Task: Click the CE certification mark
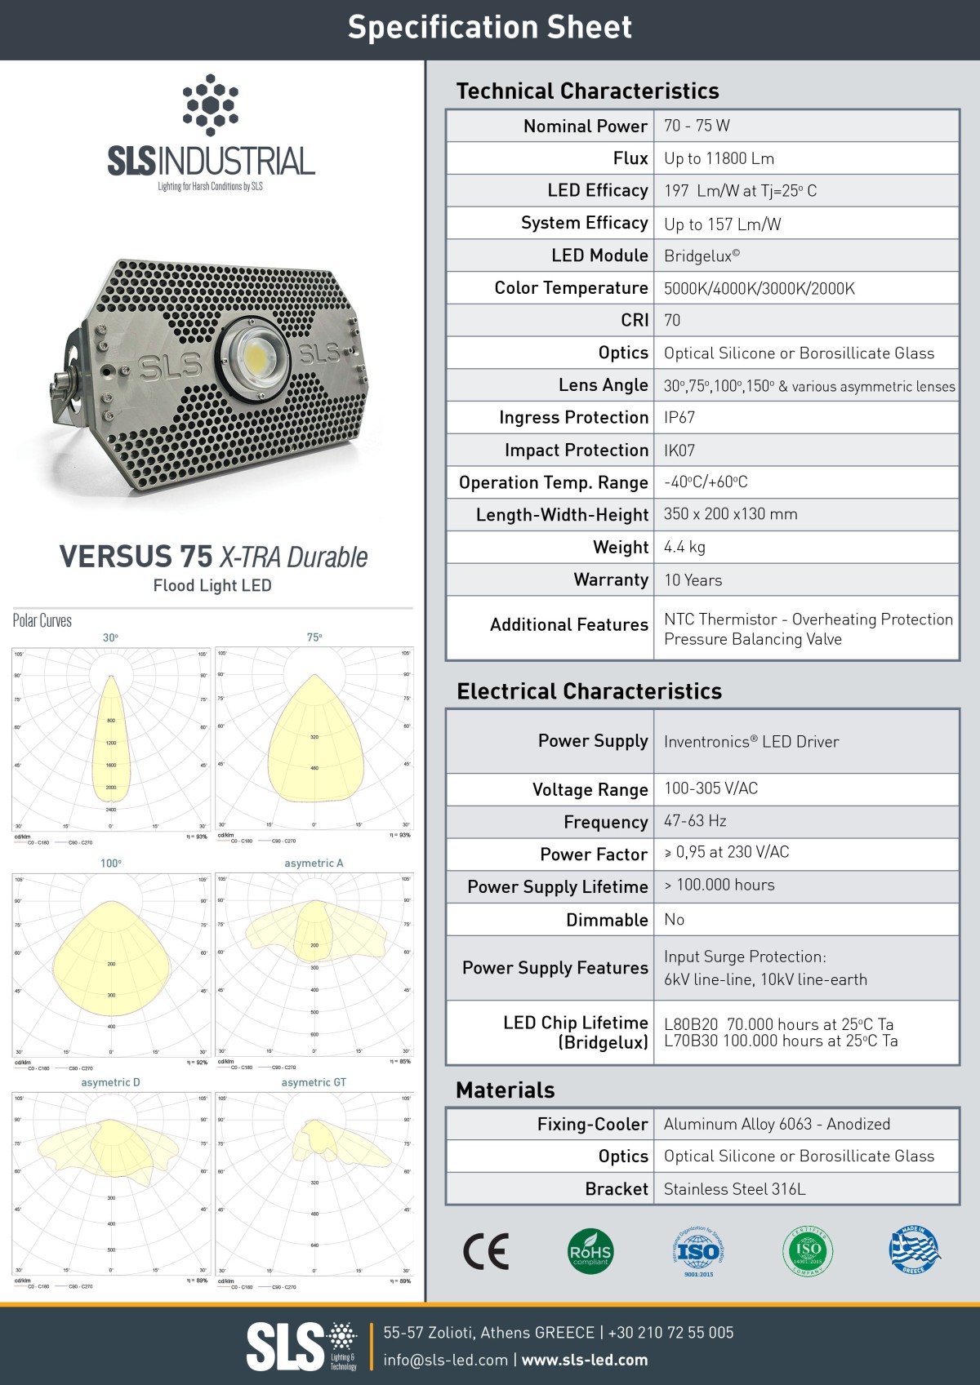pos(486,1251)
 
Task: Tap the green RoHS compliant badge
pos(590,1251)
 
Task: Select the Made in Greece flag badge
pos(914,1250)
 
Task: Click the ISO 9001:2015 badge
pos(698,1251)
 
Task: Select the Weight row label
pos(621,548)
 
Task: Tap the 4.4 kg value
pos(684,548)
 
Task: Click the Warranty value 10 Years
pos(693,580)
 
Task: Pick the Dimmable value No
pos(674,920)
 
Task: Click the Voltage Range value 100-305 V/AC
pos(710,788)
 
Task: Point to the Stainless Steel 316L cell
pos(734,1189)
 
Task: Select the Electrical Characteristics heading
pos(589,691)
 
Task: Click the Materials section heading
pos(505,1090)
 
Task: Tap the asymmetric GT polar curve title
pos(314,1082)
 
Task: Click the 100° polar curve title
pos(110,863)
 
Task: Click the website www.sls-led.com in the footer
pos(585,1360)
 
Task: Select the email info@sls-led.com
pos(445,1360)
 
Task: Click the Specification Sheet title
pos(490,28)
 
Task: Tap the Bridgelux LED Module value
pos(702,255)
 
